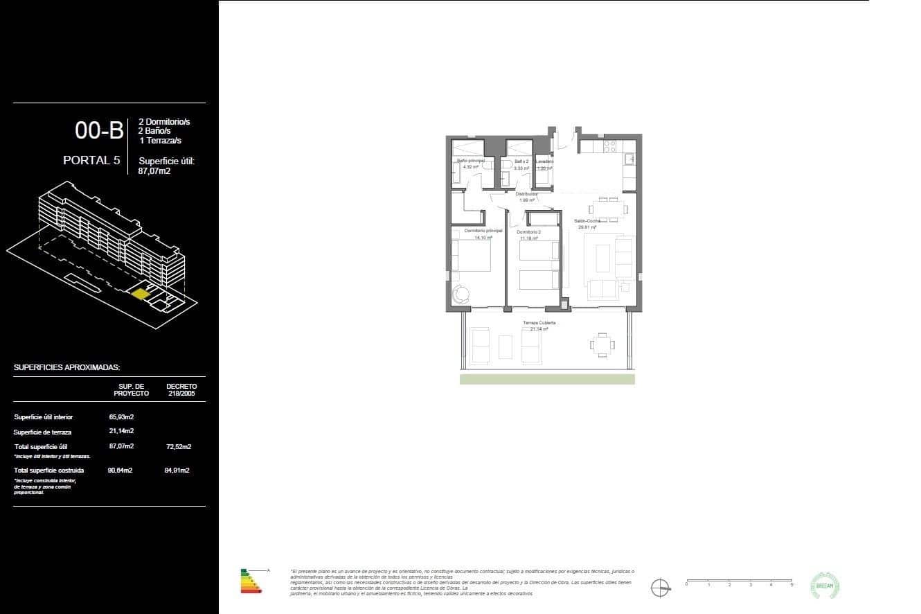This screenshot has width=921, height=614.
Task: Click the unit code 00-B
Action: pyautogui.click(x=99, y=130)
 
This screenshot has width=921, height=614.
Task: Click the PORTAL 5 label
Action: pyautogui.click(x=91, y=160)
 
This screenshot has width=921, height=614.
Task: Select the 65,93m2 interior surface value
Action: pyautogui.click(x=121, y=416)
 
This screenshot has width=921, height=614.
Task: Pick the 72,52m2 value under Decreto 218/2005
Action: pyautogui.click(x=178, y=446)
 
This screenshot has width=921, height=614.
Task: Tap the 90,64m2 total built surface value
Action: pyautogui.click(x=120, y=470)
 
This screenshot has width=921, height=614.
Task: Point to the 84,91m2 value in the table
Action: pyautogui.click(x=178, y=470)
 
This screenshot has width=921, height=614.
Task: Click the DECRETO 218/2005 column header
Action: pyautogui.click(x=181, y=389)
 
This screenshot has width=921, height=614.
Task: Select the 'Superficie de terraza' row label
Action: pyautogui.click(x=42, y=432)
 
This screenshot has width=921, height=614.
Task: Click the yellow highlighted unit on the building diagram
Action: pyautogui.click(x=141, y=294)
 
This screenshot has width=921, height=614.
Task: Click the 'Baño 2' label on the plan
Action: pyautogui.click(x=521, y=161)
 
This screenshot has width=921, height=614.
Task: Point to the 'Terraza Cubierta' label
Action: pyautogui.click(x=539, y=323)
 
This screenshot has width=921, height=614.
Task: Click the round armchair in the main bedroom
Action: pyautogui.click(x=462, y=295)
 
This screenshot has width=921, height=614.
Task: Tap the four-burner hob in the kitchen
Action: pyautogui.click(x=610, y=146)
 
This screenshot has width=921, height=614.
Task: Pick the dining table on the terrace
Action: pyautogui.click(x=602, y=343)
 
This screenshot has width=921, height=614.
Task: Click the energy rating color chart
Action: pyautogui.click(x=251, y=581)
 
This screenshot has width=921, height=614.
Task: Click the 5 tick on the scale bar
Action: pyautogui.click(x=792, y=582)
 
